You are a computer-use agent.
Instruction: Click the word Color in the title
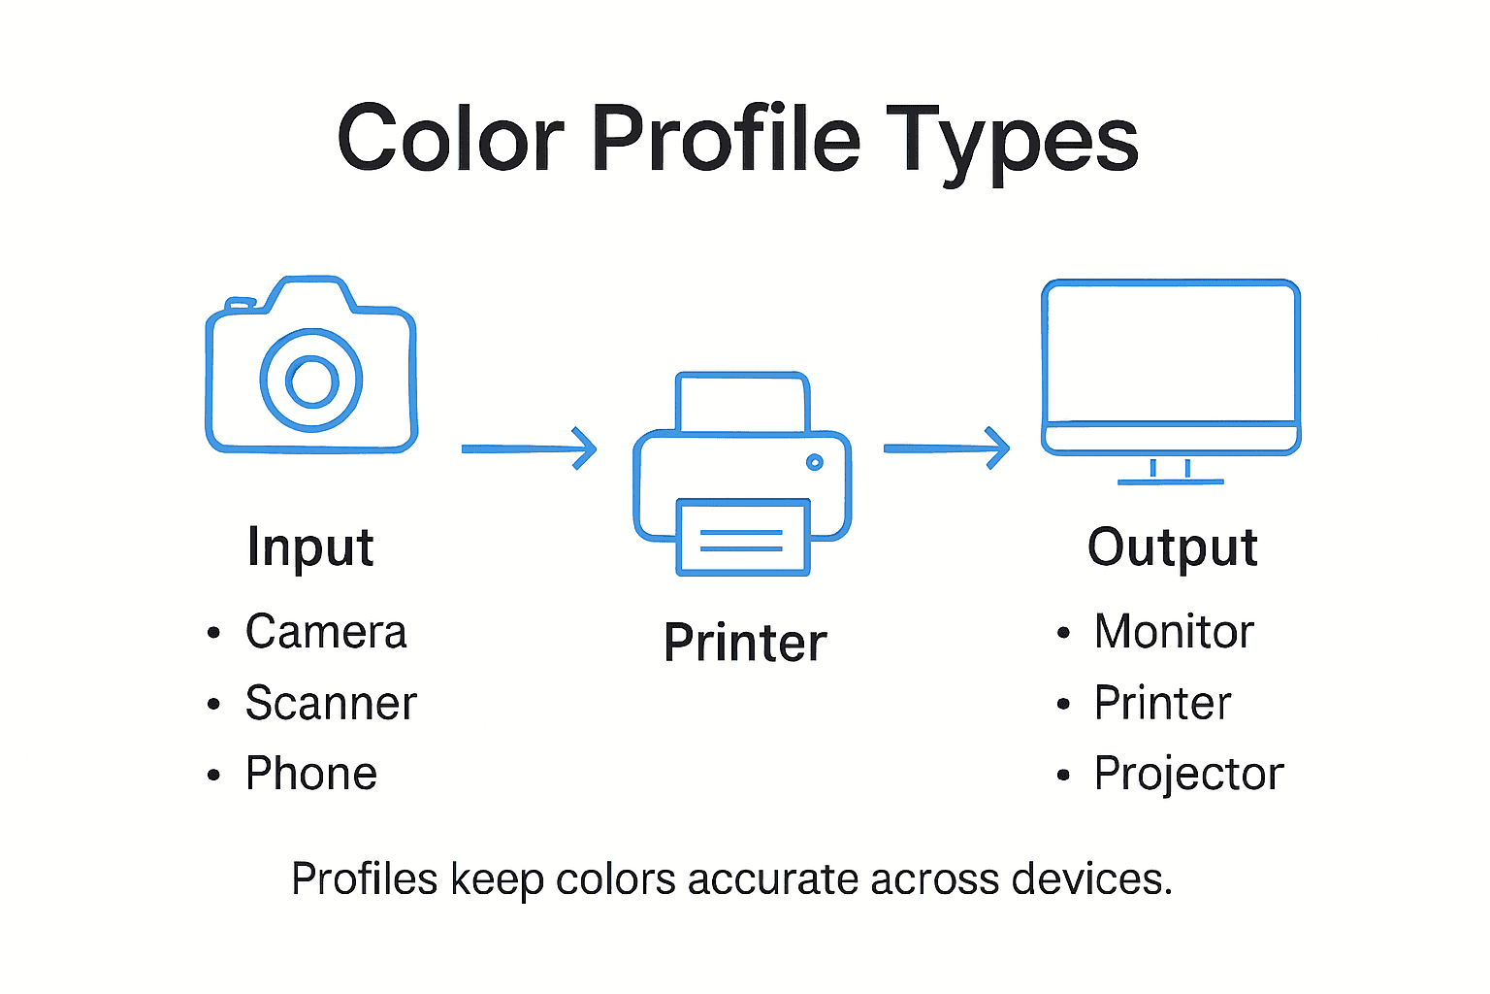451,139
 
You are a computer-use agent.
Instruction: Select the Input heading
310,547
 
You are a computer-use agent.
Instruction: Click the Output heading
1173,547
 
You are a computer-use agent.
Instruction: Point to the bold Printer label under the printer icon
745,643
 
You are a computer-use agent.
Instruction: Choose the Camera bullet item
326,632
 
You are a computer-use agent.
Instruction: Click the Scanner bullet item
331,703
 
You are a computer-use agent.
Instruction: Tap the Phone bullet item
311,774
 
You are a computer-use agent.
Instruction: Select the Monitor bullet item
1174,632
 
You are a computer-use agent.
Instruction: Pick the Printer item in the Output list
1162,703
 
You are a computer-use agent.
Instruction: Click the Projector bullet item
1188,774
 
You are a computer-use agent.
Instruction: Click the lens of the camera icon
311,381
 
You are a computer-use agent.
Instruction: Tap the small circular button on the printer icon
815,462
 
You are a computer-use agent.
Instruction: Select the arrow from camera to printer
528,448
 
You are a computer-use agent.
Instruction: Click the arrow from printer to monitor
946,448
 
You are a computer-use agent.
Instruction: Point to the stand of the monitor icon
1171,471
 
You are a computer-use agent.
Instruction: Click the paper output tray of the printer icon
743,538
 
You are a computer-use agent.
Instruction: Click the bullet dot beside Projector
1064,776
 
